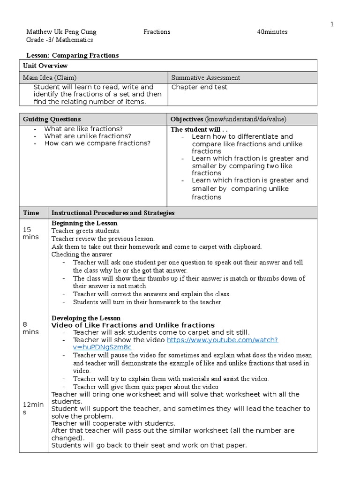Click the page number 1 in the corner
(332, 24)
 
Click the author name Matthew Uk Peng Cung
(61, 32)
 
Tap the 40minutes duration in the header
(272, 32)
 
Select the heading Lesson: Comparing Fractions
(73, 55)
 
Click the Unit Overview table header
(45, 66)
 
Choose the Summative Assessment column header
(206, 78)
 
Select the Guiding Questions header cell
(52, 119)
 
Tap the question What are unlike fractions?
(88, 136)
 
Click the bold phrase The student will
(191, 129)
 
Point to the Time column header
(31, 213)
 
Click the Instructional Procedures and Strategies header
(113, 213)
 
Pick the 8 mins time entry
(31, 328)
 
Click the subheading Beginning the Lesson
(84, 223)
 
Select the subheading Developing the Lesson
(86, 318)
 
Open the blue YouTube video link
(223, 339)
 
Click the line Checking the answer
(82, 255)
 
